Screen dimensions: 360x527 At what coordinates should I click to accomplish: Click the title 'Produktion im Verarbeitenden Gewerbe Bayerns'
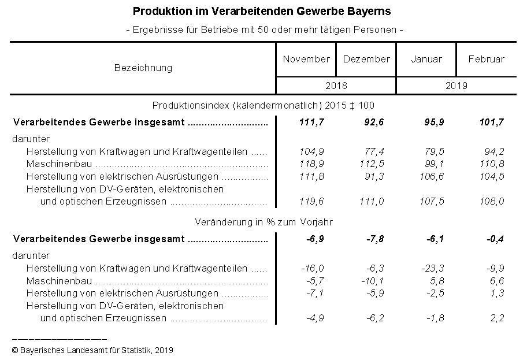[262, 12]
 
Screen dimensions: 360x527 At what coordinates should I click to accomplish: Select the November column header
[306, 59]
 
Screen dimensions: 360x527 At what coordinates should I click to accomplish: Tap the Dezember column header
[366, 59]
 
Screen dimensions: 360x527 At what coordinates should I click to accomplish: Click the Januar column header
[426, 59]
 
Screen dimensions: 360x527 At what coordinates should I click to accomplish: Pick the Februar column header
[486, 59]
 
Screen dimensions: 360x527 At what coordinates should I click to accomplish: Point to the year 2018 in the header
[336, 86]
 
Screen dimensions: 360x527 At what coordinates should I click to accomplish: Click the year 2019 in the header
[457, 86]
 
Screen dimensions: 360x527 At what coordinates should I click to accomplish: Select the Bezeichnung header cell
[143, 68]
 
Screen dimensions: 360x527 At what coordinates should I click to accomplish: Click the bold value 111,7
[311, 122]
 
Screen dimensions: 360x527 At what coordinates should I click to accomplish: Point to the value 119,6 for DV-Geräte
[311, 201]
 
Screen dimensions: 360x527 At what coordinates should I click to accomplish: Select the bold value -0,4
[492, 239]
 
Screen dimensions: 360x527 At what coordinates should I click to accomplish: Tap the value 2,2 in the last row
[497, 318]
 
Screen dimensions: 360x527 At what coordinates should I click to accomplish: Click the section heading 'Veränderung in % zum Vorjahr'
[263, 222]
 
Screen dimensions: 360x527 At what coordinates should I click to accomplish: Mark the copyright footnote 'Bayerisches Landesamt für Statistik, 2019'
[92, 350]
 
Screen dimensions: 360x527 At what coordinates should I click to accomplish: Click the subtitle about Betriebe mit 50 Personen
[263, 29]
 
